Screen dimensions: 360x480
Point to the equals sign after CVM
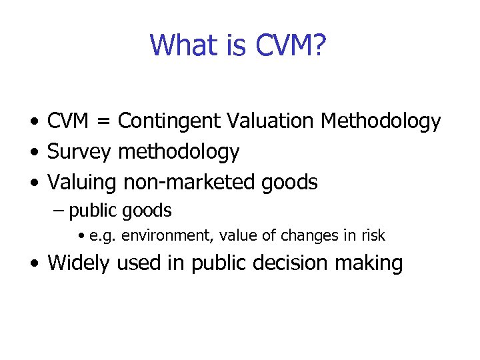click(x=105, y=121)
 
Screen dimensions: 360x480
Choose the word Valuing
click(x=83, y=182)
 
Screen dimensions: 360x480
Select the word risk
click(x=372, y=235)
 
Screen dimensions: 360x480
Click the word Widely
click(x=79, y=263)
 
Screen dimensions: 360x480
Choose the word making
click(x=370, y=263)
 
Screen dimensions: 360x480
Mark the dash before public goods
click(x=58, y=211)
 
